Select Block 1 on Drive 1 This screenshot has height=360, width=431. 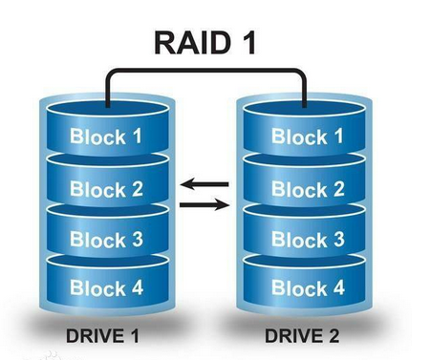coord(106,136)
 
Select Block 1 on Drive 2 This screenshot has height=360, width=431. coord(307,136)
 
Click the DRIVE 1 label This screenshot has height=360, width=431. coord(105,336)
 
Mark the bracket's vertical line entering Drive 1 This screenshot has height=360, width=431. coord(107,88)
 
